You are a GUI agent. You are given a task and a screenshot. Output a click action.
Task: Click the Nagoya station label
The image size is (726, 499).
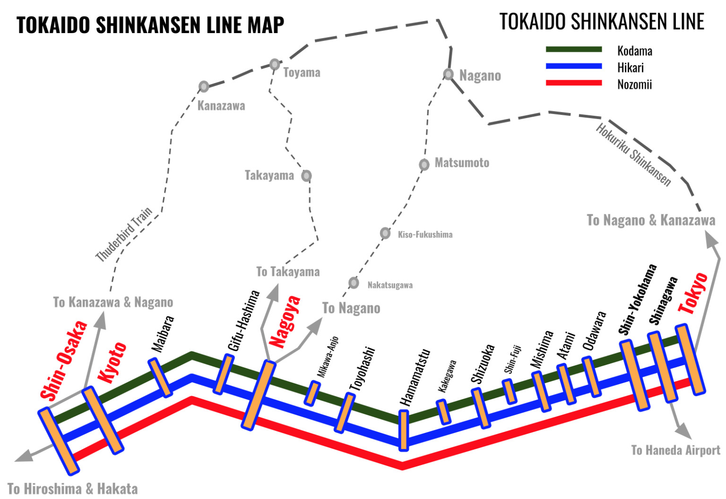(x=285, y=321)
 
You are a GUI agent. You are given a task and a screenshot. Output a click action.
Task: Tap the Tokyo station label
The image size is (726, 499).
(x=693, y=293)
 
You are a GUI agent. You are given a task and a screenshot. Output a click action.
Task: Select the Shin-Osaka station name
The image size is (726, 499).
(x=64, y=360)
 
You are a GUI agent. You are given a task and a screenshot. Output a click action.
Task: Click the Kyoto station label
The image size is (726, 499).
(x=112, y=362)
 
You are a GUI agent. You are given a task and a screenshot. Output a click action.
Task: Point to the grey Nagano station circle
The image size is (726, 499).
(x=449, y=74)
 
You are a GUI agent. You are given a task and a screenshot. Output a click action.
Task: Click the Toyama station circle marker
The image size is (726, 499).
(x=275, y=64)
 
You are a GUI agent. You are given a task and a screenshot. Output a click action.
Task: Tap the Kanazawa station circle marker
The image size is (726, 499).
(x=204, y=86)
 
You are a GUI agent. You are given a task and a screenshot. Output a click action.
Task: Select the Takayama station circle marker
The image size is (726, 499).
(x=306, y=176)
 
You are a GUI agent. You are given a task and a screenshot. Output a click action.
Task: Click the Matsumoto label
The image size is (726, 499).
(x=462, y=163)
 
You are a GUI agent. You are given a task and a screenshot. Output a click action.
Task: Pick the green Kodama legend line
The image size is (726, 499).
(x=573, y=49)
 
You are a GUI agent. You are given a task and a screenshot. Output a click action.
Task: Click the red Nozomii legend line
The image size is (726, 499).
(x=573, y=83)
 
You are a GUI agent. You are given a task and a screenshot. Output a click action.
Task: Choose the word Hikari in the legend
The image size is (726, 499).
(x=630, y=68)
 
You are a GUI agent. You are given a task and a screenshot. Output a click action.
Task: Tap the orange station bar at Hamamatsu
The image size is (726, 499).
(x=403, y=430)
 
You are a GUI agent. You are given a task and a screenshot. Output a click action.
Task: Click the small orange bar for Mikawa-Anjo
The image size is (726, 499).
(x=312, y=393)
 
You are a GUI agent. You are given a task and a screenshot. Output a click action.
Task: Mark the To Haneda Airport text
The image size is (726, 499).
(x=675, y=450)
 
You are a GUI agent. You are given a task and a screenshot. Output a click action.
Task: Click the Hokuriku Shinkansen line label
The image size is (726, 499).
(x=633, y=155)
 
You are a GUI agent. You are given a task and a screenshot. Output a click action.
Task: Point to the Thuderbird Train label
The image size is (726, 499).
(x=124, y=234)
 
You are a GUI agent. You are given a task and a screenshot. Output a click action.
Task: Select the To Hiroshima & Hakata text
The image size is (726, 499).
(x=72, y=489)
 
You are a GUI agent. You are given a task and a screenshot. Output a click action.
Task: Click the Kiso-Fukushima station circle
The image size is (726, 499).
(x=385, y=233)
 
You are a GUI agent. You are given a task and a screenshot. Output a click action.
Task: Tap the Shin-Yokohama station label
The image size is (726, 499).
(x=638, y=300)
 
